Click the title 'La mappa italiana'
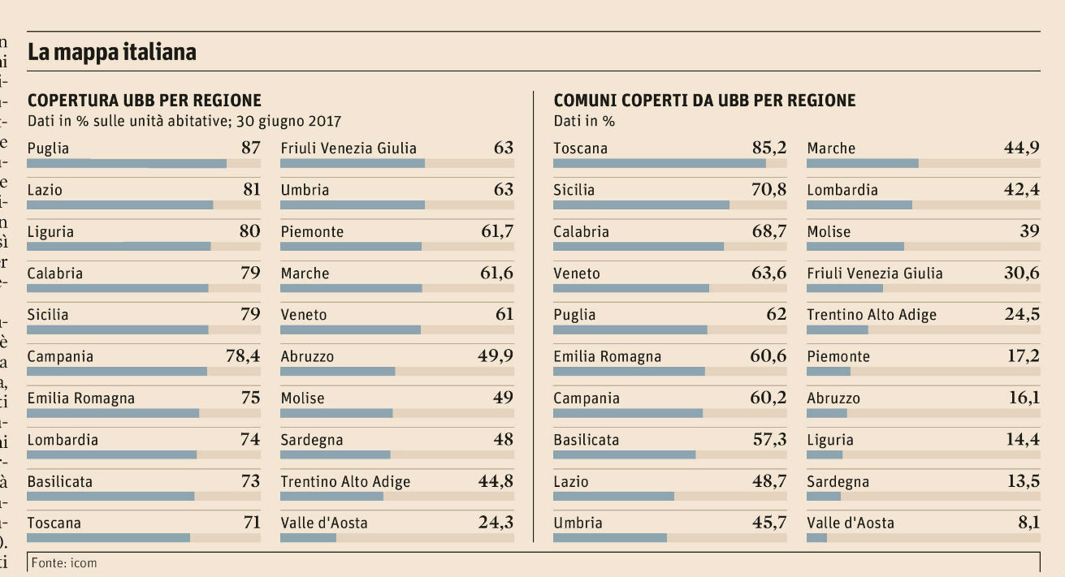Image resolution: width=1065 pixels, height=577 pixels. [111, 53]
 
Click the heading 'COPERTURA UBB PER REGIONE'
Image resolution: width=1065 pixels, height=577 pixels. [145, 101]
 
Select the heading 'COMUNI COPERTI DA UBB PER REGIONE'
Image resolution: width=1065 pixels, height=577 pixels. [704, 101]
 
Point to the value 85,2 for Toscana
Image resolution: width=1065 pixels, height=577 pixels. [768, 148]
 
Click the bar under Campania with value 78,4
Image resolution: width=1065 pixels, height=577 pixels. [117, 371]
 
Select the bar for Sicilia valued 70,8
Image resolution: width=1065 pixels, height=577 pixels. [641, 205]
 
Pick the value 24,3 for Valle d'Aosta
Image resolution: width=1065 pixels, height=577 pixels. [496, 523]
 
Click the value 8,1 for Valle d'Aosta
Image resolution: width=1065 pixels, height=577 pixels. [1028, 523]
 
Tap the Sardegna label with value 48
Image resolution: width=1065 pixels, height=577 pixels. [312, 440]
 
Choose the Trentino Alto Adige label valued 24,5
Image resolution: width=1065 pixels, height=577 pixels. [872, 315]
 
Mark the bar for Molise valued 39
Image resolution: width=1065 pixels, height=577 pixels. [855, 246]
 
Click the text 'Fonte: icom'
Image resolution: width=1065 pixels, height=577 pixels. [64, 562]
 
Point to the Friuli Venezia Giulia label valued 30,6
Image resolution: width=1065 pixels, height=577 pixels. [875, 273]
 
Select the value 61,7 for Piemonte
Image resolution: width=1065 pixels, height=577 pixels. [496, 231]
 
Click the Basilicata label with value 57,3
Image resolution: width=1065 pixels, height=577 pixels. [586, 440]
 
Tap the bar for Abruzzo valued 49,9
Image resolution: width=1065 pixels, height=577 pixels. [338, 371]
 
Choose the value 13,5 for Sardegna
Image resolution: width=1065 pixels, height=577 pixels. [1023, 481]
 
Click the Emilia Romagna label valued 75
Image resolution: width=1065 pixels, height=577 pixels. [80, 398]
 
